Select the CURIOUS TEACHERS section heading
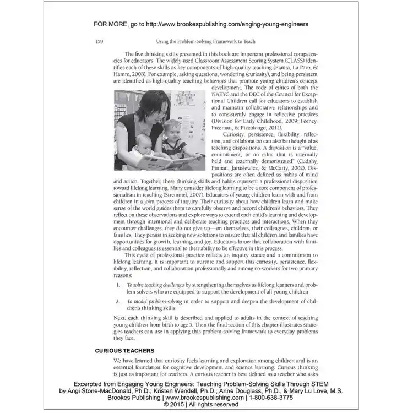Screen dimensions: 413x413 tap(124, 350)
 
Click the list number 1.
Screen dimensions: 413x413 tap(118, 285)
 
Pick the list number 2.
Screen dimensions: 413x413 tap(118, 302)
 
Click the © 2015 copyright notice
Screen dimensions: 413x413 tap(206, 404)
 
